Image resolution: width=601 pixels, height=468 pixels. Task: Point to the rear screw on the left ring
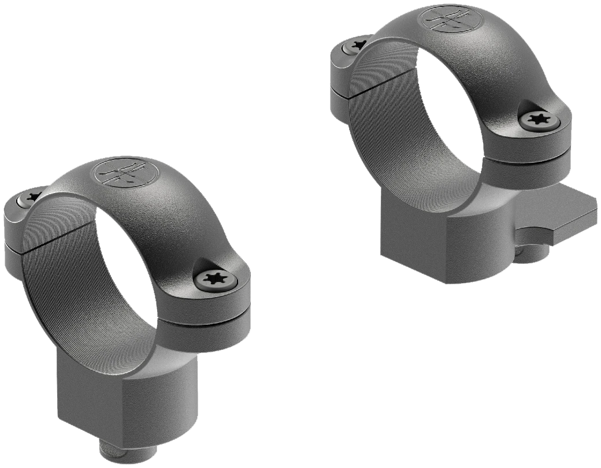(x=28, y=199)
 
